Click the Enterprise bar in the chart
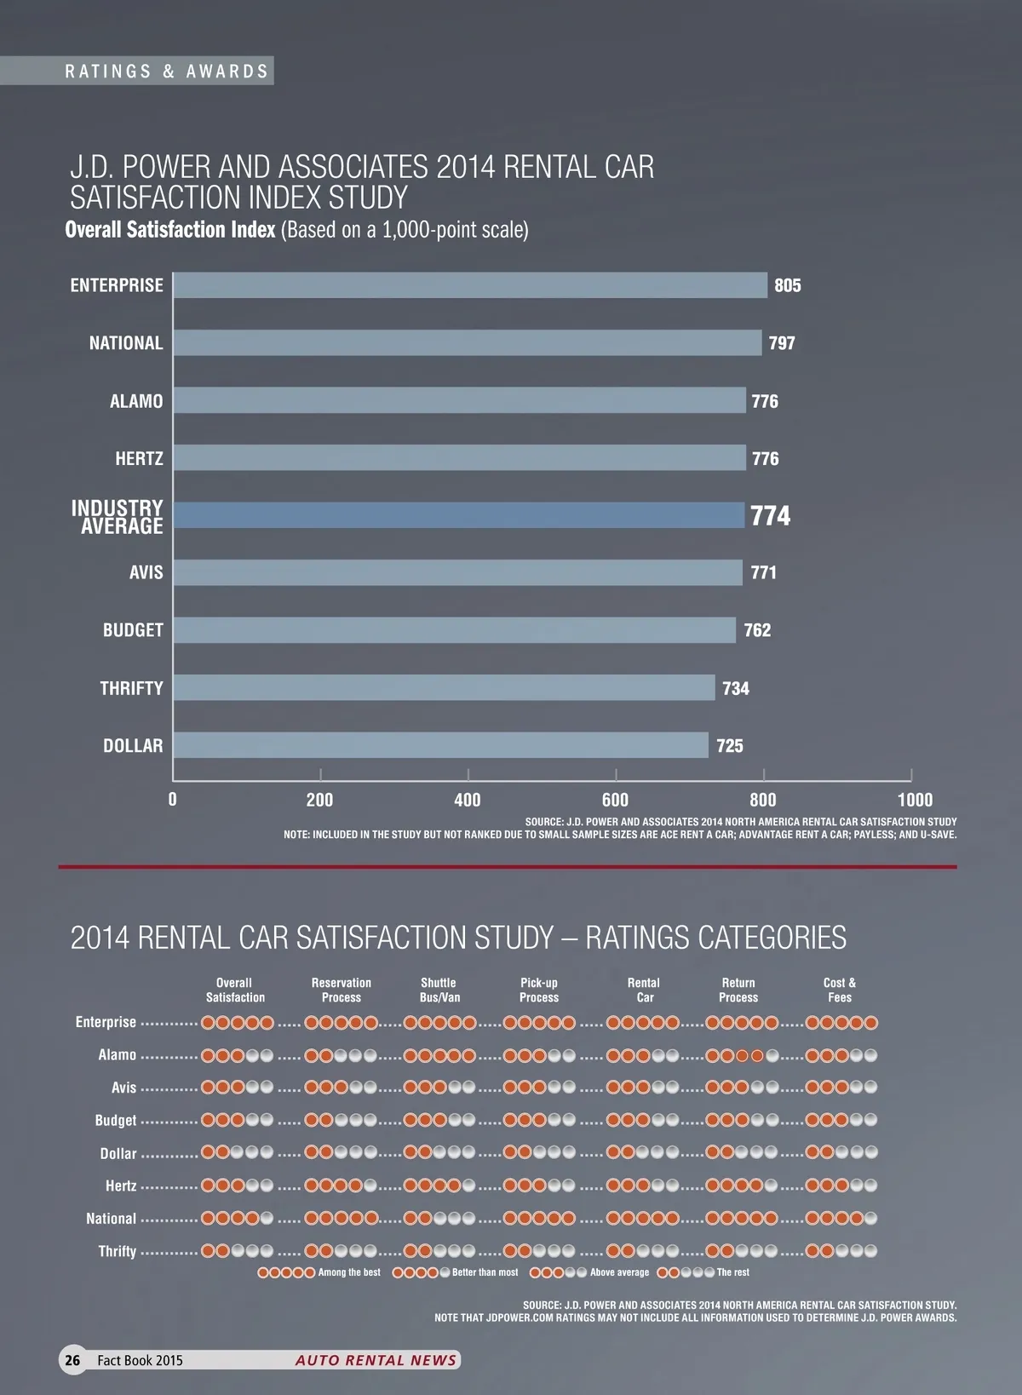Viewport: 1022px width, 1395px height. [x=470, y=285]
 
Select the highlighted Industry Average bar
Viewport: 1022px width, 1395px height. [x=458, y=515]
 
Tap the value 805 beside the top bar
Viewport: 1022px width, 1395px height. [x=788, y=286]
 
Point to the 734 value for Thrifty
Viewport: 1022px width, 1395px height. [x=736, y=689]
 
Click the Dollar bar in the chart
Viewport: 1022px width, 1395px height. [x=440, y=745]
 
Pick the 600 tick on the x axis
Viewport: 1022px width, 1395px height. [x=615, y=800]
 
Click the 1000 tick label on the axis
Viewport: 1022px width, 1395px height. [x=915, y=800]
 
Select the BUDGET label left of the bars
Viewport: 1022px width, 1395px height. [x=133, y=630]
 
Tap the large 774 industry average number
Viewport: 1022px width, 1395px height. [x=770, y=516]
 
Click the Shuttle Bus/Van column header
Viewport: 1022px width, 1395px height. [x=439, y=990]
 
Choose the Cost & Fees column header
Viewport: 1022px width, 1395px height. [x=840, y=990]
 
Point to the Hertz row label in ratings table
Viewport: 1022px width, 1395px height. [x=121, y=1185]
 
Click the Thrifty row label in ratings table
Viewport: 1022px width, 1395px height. [x=118, y=1251]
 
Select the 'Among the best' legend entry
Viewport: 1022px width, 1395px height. [x=319, y=1272]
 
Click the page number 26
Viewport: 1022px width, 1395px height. [x=73, y=1360]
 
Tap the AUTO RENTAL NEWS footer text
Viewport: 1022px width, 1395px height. [x=376, y=1360]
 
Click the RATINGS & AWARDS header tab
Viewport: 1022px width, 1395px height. [x=167, y=72]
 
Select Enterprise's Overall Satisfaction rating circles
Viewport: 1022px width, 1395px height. [x=238, y=1023]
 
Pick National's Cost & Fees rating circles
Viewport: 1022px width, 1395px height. [x=841, y=1219]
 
